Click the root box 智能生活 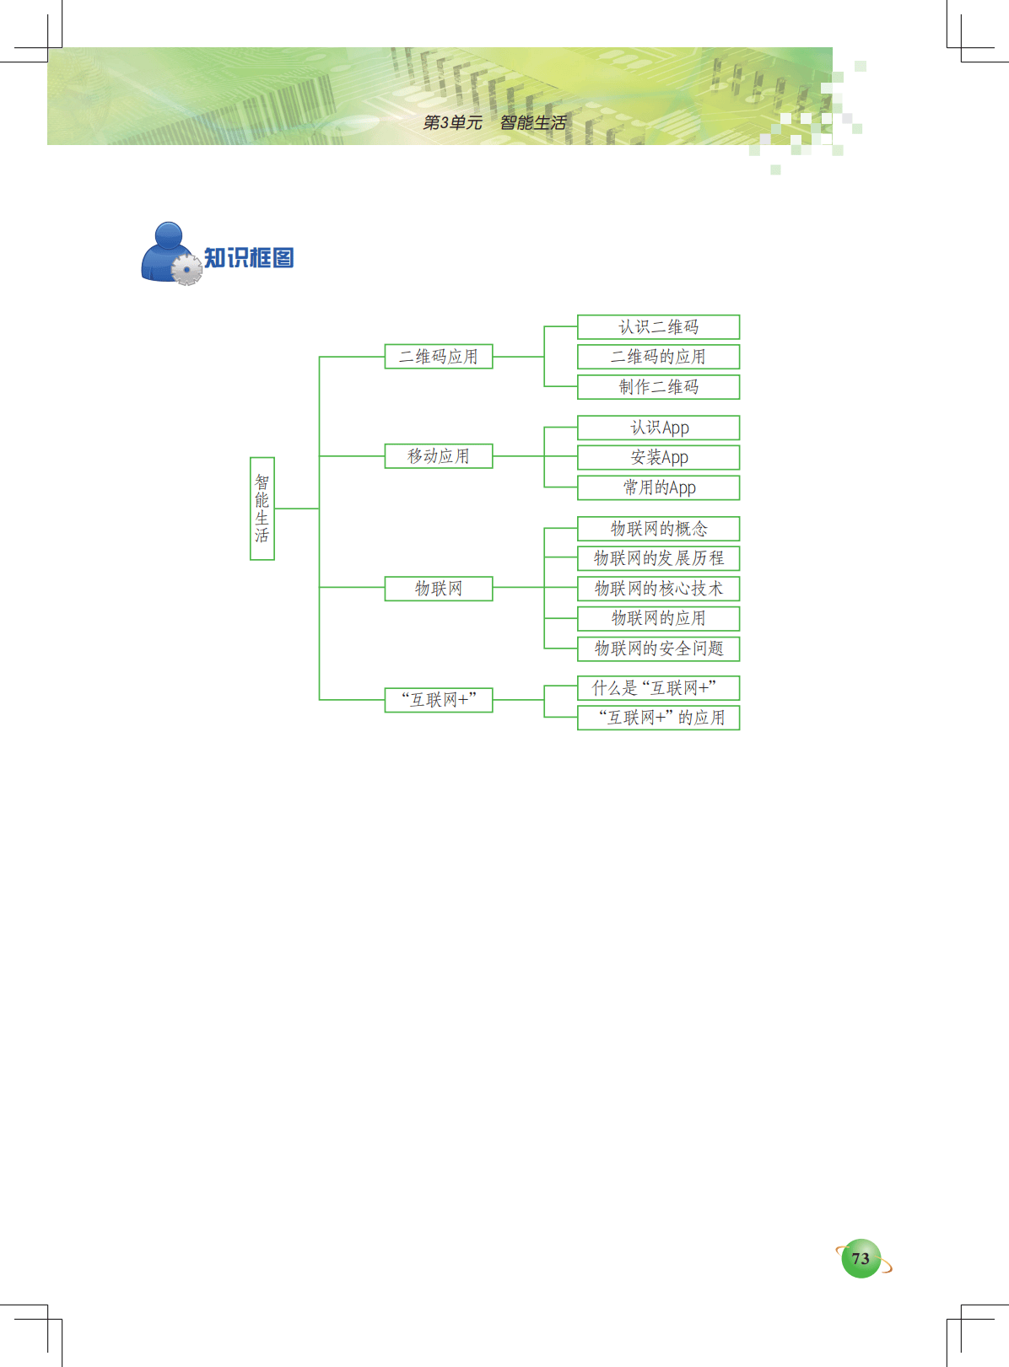(x=262, y=509)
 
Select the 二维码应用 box (x=438, y=357)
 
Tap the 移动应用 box (x=438, y=456)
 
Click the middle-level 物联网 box (x=438, y=589)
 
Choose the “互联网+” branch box (x=438, y=700)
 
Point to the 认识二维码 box (x=658, y=327)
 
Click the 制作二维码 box (x=658, y=387)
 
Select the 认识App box (x=658, y=428)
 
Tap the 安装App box (x=658, y=457)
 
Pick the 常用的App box (x=658, y=487)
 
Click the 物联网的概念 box (x=658, y=529)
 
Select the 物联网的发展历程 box (x=658, y=558)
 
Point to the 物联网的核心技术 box (x=658, y=589)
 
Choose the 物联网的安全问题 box (x=658, y=649)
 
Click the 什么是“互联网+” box (x=658, y=688)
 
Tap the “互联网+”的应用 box (x=658, y=718)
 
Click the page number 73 (x=861, y=1259)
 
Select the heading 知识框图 (x=249, y=258)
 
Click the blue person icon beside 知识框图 (x=169, y=252)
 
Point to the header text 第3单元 (x=452, y=123)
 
